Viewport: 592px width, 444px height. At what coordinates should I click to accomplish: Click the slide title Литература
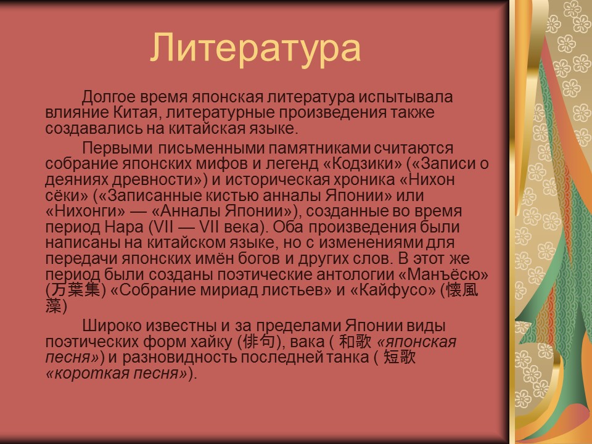(x=255, y=47)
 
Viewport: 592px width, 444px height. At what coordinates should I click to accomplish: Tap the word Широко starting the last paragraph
(x=112, y=326)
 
